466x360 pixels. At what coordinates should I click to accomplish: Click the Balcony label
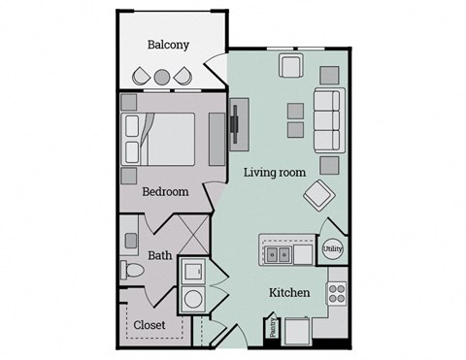tap(168, 45)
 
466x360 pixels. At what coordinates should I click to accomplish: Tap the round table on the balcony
tap(162, 77)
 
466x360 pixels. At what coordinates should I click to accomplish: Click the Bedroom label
tap(165, 191)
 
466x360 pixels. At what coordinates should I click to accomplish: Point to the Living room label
tap(275, 172)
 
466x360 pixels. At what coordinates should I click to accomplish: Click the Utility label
tap(332, 248)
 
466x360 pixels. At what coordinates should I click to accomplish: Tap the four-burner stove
tap(337, 290)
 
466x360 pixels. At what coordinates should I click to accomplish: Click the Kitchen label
tap(289, 292)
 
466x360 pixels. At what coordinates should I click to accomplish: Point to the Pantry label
tap(273, 329)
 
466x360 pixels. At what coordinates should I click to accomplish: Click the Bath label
tap(160, 257)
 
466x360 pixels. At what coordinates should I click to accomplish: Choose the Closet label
tap(150, 324)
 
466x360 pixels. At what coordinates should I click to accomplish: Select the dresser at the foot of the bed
tap(215, 137)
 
